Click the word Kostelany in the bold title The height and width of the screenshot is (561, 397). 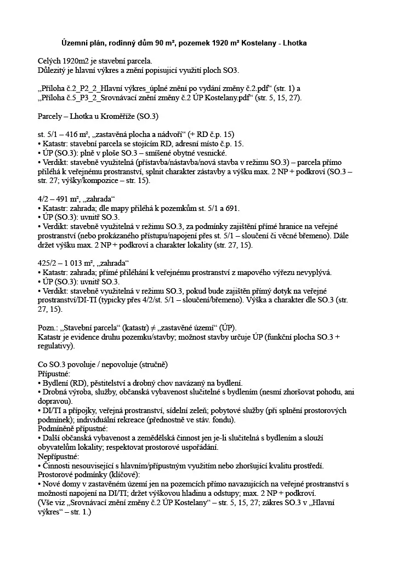[262, 43]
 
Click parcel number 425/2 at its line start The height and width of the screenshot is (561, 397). [48, 264]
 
